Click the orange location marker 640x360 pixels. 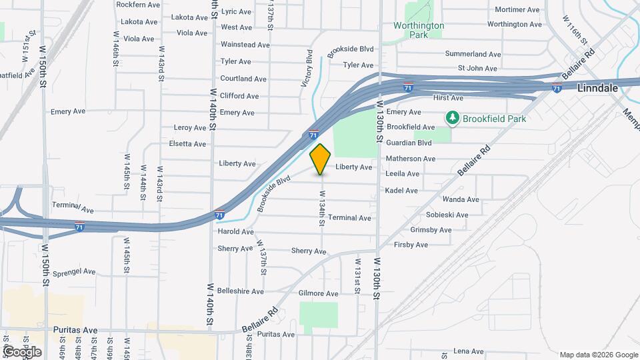click(x=321, y=159)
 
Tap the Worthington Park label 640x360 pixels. click(x=419, y=30)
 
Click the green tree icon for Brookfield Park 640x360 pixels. click(x=453, y=118)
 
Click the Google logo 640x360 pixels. click(x=21, y=351)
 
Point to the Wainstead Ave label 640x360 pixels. click(x=245, y=45)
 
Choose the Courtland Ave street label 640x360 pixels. click(x=243, y=79)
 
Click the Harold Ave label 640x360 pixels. click(x=236, y=231)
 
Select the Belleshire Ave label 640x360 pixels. click(x=241, y=291)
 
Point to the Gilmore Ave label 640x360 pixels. click(x=319, y=293)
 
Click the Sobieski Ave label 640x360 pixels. click(x=447, y=215)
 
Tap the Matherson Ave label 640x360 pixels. click(x=411, y=159)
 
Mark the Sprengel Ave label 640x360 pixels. click(x=75, y=272)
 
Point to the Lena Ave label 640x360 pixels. click(x=468, y=351)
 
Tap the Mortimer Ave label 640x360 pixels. click(x=517, y=10)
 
